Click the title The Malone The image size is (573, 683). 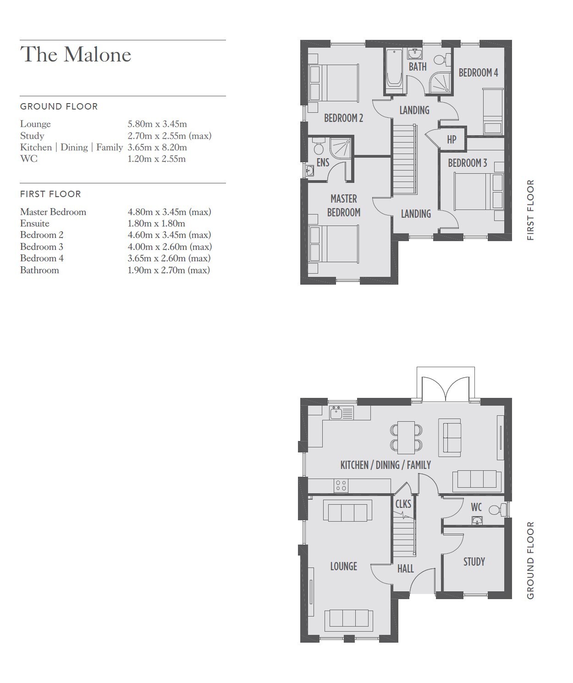click(76, 54)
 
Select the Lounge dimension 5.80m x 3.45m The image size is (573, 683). click(157, 124)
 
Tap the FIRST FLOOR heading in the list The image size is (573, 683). click(50, 194)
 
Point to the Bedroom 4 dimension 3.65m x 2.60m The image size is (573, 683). click(169, 258)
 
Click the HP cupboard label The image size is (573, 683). click(452, 140)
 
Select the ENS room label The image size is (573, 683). click(323, 163)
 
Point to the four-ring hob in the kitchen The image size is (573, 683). click(341, 485)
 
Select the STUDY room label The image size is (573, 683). click(474, 562)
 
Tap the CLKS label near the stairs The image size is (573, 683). click(403, 504)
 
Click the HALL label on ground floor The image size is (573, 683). click(406, 568)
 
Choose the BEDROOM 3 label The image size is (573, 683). click(468, 163)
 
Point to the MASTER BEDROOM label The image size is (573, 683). click(344, 205)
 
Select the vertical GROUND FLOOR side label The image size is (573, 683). click(530, 560)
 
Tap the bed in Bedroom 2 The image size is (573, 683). click(334, 83)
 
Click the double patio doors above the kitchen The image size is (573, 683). click(446, 389)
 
